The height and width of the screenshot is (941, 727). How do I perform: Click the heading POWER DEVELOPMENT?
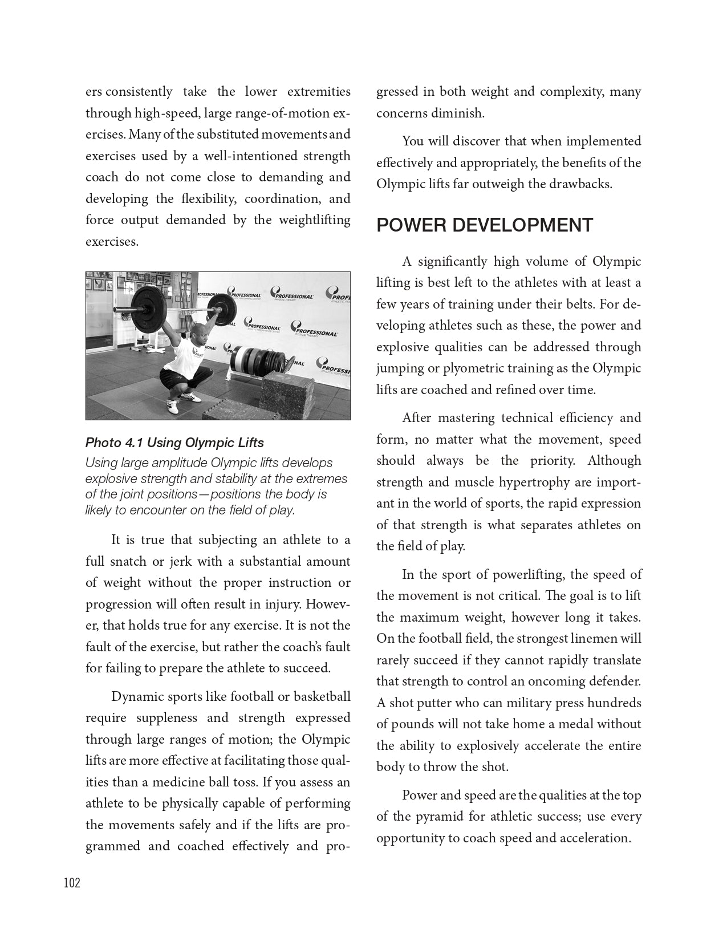(x=485, y=226)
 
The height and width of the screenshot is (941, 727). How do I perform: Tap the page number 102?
(x=72, y=883)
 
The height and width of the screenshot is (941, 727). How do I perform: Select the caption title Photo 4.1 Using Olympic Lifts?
(x=174, y=443)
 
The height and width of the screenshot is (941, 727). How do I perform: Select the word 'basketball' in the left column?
(x=322, y=697)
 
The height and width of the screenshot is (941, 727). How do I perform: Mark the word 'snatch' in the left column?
(x=128, y=562)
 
